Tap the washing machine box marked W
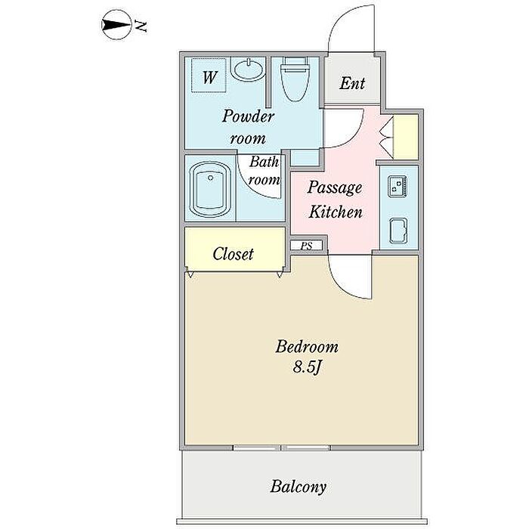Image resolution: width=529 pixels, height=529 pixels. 209,77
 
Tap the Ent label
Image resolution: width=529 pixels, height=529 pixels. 351,83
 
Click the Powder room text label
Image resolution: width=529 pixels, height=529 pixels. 247,127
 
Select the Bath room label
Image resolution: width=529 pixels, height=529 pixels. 264,171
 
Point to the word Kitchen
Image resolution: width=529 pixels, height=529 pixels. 336,212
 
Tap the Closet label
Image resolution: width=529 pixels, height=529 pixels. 233,254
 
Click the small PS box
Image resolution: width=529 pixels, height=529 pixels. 306,246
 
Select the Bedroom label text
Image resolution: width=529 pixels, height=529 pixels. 306,348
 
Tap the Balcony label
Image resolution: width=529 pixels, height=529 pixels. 299,486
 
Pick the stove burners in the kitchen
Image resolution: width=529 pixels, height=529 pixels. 398,185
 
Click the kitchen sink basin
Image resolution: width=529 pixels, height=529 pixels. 398,227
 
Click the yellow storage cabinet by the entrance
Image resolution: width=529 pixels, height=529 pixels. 407,136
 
